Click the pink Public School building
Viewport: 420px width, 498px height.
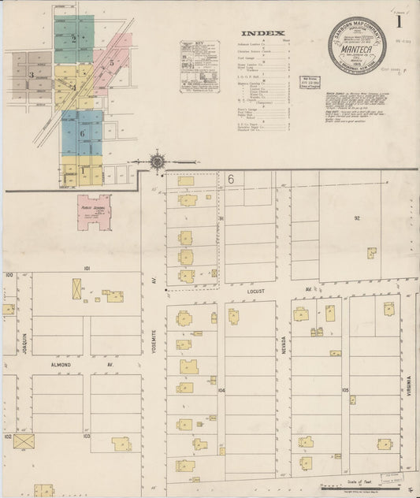click(x=94, y=213)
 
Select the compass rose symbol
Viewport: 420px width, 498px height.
click(x=158, y=162)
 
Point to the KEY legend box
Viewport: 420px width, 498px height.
click(x=198, y=67)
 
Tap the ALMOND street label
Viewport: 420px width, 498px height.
click(x=61, y=365)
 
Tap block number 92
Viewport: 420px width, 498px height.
click(x=356, y=217)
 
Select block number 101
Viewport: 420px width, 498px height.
click(x=87, y=269)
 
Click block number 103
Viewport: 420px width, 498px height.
click(x=87, y=436)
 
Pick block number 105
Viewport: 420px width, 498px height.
click(x=344, y=389)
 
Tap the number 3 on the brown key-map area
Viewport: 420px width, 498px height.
click(x=31, y=75)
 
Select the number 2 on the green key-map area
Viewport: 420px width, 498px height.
click(x=74, y=38)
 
